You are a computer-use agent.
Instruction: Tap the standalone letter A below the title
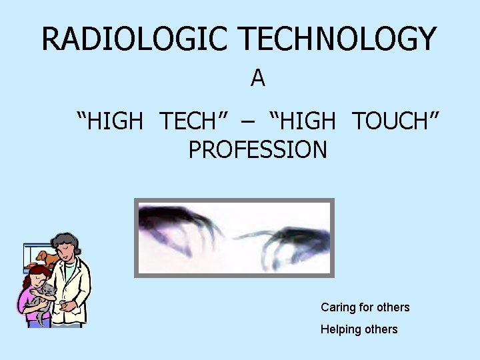[258, 79]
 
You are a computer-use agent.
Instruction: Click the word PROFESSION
[258, 150]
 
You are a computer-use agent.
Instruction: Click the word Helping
[339, 329]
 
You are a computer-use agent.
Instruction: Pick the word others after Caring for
[393, 307]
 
